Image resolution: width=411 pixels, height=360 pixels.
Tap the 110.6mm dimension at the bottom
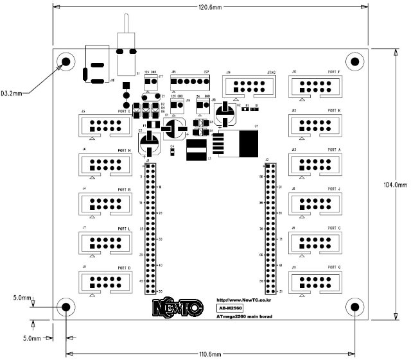(210, 354)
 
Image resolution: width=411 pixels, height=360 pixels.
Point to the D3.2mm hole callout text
(12, 93)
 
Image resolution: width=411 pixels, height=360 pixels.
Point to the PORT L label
(125, 228)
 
